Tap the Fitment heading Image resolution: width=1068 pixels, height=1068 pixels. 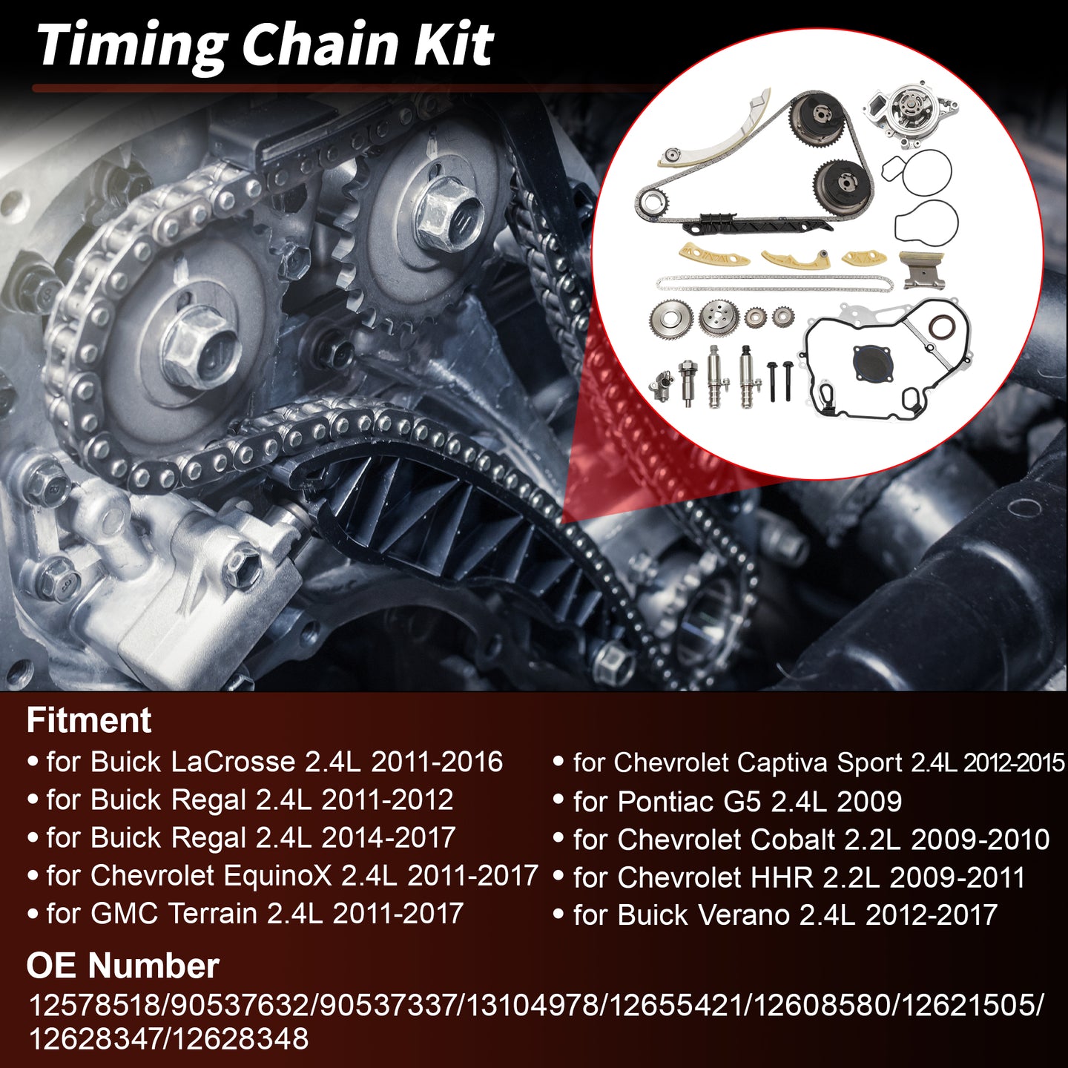pyautogui.click(x=89, y=720)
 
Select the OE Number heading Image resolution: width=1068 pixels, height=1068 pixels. pyautogui.click(x=122, y=966)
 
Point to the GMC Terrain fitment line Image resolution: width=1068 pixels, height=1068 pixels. pyautogui.click(x=245, y=913)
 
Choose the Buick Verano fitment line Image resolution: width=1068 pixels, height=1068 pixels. pyautogui.click(x=775, y=914)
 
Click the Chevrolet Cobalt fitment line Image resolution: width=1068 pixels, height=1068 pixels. pyautogui.click(x=801, y=839)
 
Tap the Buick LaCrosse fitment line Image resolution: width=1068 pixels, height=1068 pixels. pyautogui.click(x=264, y=762)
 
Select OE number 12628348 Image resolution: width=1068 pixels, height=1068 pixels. pyautogui.click(x=240, y=1038)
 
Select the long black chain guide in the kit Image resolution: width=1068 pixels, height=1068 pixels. pyautogui.click(x=758, y=225)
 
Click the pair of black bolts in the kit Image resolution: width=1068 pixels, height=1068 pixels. pyautogui.click(x=780, y=380)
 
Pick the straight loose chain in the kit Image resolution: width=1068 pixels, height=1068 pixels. pyautogui.click(x=774, y=283)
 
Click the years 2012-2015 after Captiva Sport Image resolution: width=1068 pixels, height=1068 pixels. pyautogui.click(x=1015, y=763)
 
